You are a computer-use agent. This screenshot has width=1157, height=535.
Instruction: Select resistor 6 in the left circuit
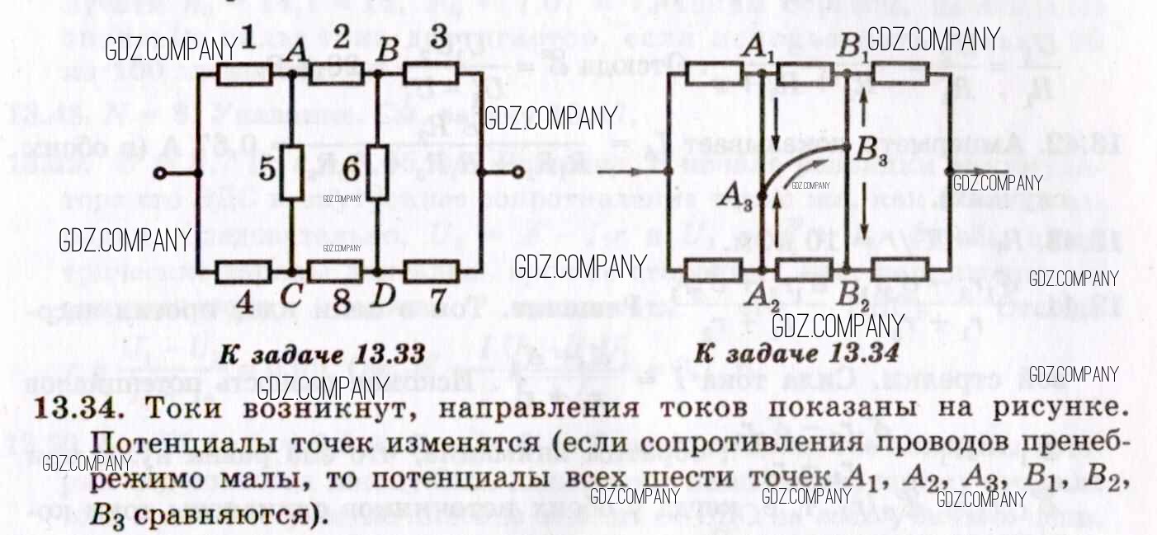376,171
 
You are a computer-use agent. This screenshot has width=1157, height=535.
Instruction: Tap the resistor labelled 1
246,74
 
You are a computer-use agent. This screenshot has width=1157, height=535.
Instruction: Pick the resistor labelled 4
244,270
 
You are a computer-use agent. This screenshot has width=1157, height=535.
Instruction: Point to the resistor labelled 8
334,270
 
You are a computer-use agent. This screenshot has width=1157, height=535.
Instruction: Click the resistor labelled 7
432,270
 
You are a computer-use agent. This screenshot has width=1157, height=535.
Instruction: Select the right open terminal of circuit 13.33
517,172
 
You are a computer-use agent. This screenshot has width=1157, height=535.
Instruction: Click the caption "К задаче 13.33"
322,355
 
